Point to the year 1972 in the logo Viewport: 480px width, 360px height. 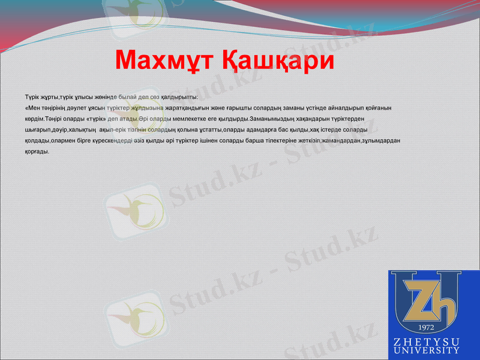pos(425,327)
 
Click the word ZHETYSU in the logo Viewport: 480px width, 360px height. pos(427,341)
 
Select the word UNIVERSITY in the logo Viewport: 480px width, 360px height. pos(427,350)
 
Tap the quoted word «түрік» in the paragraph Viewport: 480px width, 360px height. pos(95,119)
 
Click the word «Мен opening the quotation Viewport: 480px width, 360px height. pos(34,108)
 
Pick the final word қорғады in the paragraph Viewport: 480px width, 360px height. pos(37,151)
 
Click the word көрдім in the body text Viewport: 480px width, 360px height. pos(34,119)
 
